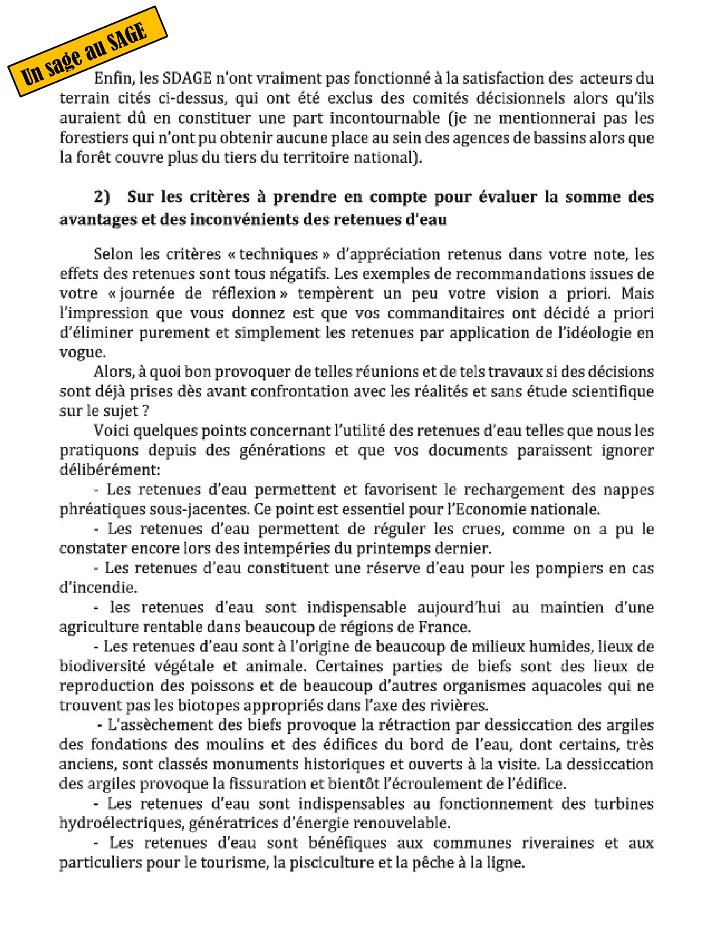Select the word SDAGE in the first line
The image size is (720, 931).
tap(187, 78)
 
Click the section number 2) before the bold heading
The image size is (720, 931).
tap(102, 196)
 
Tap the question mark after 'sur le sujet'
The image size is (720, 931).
tap(145, 411)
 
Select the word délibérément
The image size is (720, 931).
tap(109, 470)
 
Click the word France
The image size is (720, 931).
tap(444, 627)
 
